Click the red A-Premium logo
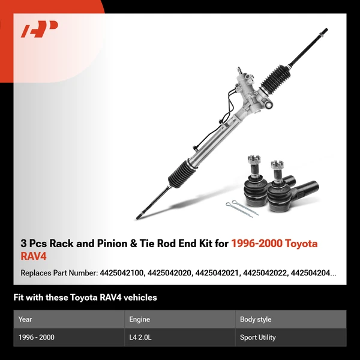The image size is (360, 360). point(40,29)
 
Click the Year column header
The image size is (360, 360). point(25,319)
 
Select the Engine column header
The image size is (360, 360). point(139,319)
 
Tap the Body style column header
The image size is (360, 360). point(256,319)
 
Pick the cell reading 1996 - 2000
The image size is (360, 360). point(37,337)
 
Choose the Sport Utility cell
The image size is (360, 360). point(258,337)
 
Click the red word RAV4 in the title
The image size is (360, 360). point(33,256)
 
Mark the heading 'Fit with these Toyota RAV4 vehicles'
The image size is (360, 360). point(85,298)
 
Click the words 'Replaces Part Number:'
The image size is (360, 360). point(59,273)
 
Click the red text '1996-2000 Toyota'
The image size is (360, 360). point(275,244)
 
